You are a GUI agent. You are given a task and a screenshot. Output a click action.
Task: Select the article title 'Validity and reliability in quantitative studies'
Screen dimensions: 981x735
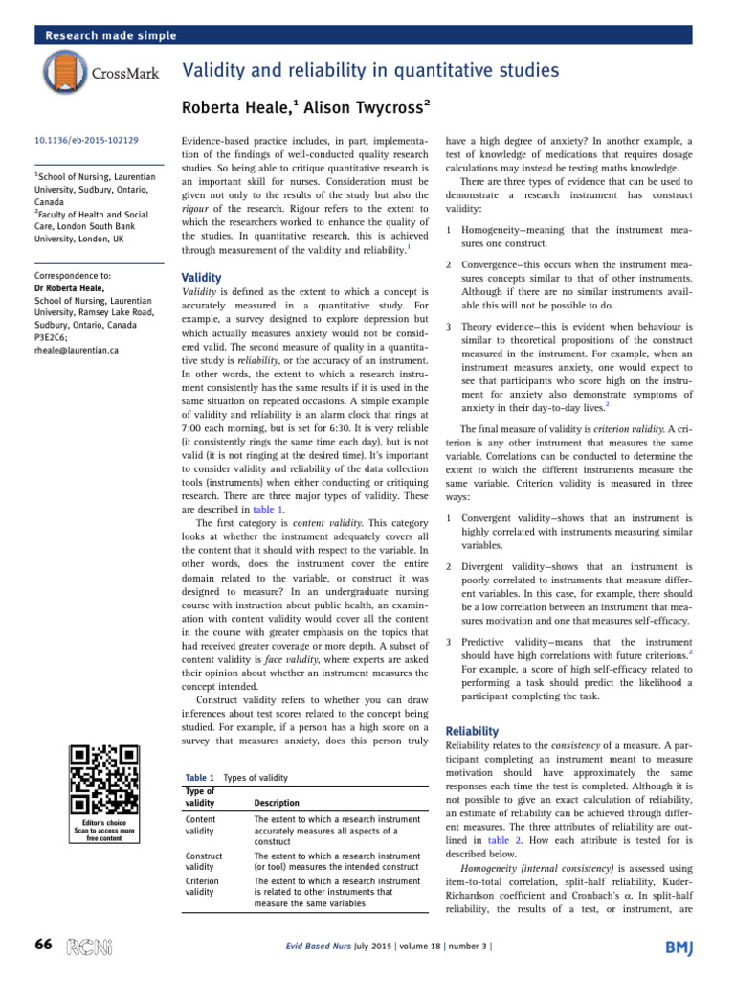tap(370, 70)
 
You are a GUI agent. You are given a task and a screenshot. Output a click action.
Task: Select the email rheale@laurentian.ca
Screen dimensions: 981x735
tap(76, 351)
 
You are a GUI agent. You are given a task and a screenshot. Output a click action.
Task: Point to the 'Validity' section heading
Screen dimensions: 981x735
tap(202, 278)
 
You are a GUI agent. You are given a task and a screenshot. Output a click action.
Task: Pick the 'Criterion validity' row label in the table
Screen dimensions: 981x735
tap(200, 886)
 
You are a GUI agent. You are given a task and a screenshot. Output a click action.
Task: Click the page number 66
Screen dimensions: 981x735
tap(43, 945)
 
